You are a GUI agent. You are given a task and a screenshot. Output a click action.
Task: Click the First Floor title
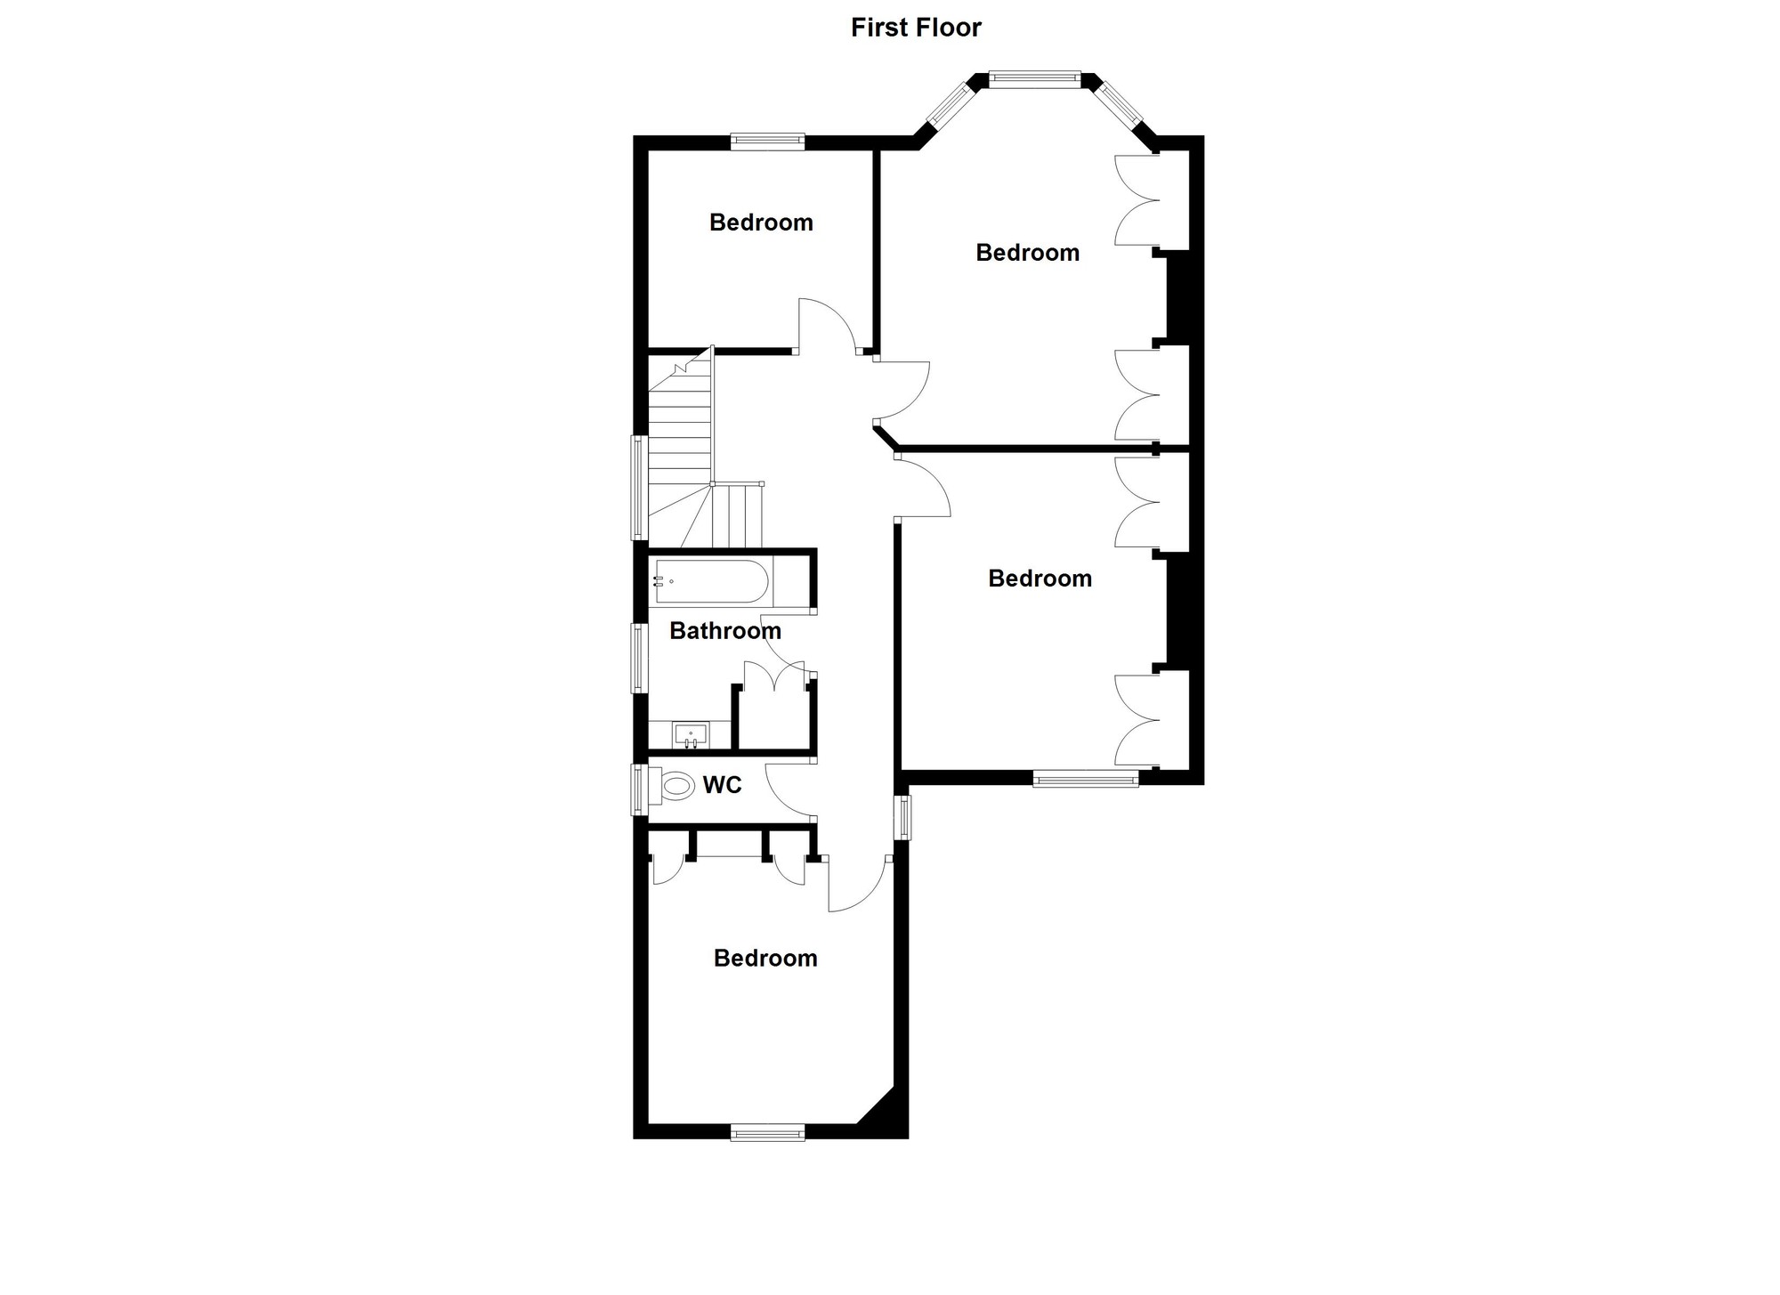click(x=916, y=28)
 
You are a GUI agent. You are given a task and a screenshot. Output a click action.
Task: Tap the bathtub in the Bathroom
click(x=711, y=581)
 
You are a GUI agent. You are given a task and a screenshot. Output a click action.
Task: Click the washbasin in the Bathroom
click(x=691, y=735)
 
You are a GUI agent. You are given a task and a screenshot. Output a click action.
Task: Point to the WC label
click(x=722, y=785)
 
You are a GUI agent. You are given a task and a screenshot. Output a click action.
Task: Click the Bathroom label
click(x=725, y=631)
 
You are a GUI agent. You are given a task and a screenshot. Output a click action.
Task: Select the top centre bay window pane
click(x=1034, y=79)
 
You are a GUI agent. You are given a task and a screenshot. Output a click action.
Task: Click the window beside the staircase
click(x=639, y=488)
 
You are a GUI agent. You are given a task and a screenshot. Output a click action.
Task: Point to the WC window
click(x=639, y=789)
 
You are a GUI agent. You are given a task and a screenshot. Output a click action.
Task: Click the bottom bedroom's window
click(x=767, y=1132)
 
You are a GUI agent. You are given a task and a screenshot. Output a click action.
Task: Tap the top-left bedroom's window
click(x=767, y=142)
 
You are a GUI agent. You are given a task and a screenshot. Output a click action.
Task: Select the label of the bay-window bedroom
click(x=1028, y=253)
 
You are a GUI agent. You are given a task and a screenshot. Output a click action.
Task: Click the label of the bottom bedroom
click(x=765, y=959)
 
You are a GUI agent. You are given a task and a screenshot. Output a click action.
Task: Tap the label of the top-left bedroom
click(x=761, y=223)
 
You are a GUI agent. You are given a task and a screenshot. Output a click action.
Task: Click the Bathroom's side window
click(x=639, y=658)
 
